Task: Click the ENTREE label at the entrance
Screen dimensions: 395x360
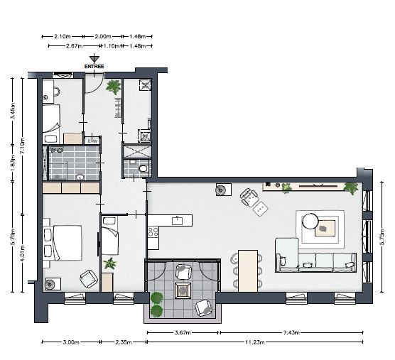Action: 94,67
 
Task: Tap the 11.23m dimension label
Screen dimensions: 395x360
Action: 255,342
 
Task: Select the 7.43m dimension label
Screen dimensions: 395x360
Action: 291,332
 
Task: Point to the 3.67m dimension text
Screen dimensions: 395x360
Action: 183,332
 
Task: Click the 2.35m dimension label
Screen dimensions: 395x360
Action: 124,342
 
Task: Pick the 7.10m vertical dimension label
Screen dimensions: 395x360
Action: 22,146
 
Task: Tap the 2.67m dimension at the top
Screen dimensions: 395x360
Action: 74,46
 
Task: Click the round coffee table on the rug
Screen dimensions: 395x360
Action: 310,221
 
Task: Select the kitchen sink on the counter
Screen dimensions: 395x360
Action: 178,221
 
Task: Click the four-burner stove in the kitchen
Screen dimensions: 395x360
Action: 153,232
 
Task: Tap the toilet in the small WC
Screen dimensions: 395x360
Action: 144,168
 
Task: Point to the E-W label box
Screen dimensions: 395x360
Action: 92,141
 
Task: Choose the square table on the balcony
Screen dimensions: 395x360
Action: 183,290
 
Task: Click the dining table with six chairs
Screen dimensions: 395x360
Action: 248,271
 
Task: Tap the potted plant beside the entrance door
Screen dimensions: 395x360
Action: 113,87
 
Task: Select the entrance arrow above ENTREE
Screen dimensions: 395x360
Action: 94,58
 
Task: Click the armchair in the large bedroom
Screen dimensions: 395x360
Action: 89,278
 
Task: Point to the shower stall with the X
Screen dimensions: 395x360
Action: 137,151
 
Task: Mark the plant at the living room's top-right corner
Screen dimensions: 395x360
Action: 351,187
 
